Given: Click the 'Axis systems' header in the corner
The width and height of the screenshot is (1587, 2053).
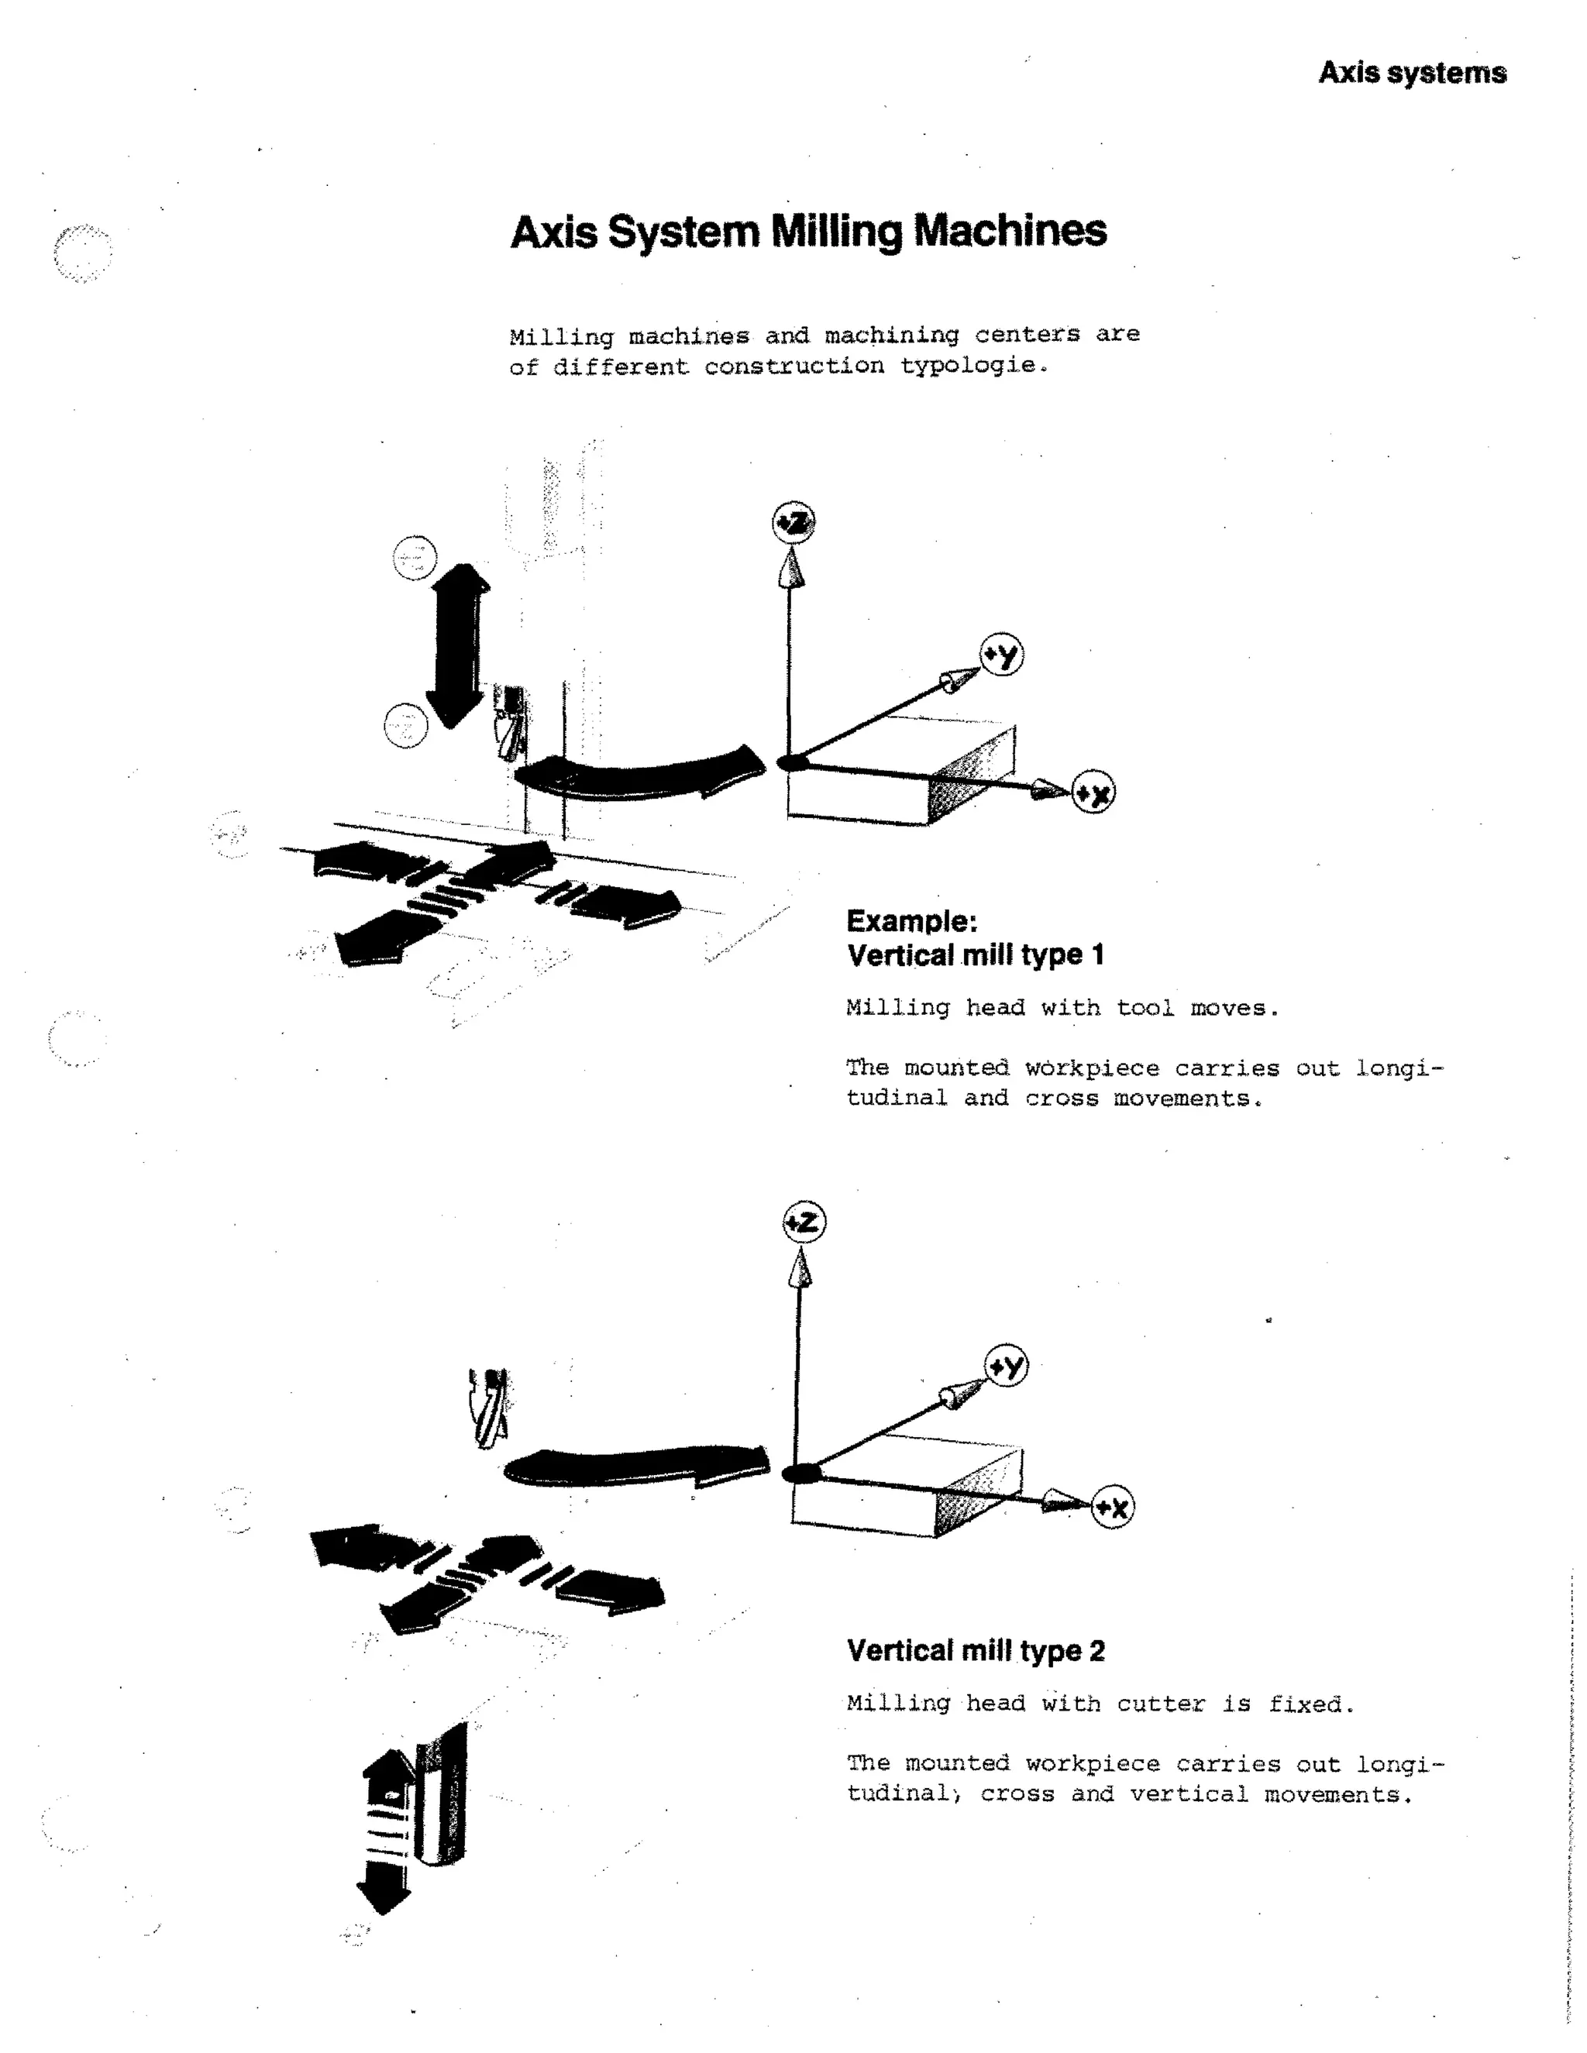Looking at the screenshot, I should pyautogui.click(x=1411, y=74).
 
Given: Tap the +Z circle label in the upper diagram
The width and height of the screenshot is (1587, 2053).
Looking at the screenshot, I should pyautogui.click(x=793, y=523).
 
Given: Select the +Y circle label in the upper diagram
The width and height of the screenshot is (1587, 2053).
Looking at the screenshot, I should pyautogui.click(x=1002, y=655).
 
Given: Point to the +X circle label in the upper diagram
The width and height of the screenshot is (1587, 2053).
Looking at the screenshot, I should pyautogui.click(x=1093, y=793).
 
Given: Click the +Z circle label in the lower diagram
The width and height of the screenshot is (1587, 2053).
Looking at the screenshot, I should pyautogui.click(x=804, y=1223).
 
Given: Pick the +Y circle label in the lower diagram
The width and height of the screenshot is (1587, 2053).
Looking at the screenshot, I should pyautogui.click(x=1007, y=1366).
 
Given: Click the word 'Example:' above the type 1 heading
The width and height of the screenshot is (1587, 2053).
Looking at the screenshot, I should pyautogui.click(x=912, y=921).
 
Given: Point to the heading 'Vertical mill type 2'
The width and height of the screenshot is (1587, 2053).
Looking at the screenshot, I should pyautogui.click(x=976, y=1651).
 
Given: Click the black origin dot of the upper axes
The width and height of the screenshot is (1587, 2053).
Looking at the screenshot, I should pyautogui.click(x=792, y=762).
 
